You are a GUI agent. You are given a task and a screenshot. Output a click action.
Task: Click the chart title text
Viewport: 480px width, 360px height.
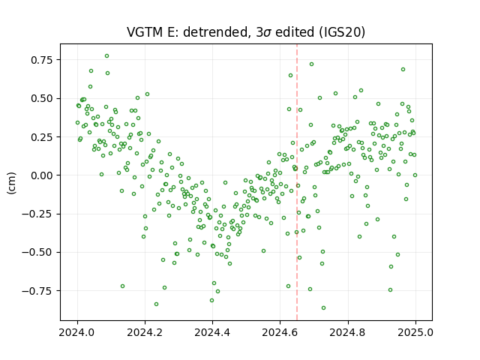tap(246, 32)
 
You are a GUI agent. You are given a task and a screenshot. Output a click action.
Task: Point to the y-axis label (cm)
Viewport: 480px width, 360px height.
tap(12, 183)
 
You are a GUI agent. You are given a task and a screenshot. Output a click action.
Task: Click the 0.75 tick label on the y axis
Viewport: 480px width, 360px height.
tap(42, 60)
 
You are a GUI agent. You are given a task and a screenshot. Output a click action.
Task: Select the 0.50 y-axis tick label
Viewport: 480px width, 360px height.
tap(42, 98)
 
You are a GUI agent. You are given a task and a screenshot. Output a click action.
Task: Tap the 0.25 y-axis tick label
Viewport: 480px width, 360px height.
tap(42, 136)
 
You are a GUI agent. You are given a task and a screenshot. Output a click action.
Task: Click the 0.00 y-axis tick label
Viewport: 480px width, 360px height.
tap(42, 175)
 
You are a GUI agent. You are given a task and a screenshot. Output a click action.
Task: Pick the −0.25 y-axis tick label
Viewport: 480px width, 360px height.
tap(37, 214)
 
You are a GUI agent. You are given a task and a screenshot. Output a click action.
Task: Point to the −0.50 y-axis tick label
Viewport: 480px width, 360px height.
tap(37, 253)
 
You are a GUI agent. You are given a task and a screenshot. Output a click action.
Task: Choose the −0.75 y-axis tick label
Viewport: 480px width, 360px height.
tap(37, 291)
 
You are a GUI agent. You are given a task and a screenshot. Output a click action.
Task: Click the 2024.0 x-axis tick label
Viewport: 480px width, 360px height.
tap(77, 332)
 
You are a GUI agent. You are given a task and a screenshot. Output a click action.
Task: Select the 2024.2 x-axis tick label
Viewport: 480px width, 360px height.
tap(145, 332)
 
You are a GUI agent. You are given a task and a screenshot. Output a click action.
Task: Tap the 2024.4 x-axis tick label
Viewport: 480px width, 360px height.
tap(212, 332)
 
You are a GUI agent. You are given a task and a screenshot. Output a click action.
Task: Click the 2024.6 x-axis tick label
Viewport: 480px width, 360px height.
tap(280, 332)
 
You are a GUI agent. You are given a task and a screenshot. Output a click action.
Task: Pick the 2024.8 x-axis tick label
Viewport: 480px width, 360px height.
tap(348, 332)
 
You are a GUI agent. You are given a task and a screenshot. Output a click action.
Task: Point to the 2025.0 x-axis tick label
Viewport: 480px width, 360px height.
tap(415, 332)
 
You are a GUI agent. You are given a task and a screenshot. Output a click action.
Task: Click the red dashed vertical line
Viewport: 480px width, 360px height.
tap(297, 182)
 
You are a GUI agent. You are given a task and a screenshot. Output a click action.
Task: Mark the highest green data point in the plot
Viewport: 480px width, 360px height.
tap(106, 56)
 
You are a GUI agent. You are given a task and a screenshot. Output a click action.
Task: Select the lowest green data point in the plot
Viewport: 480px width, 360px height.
tap(323, 308)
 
